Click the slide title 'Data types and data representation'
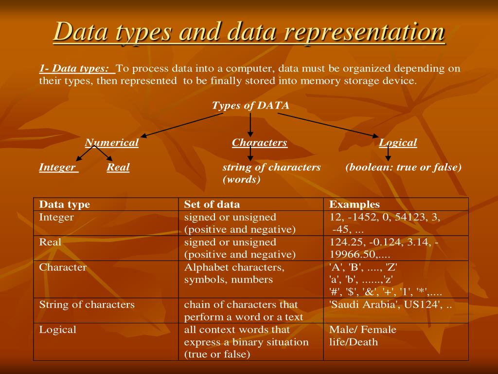coord(249,32)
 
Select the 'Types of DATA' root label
coord(250,106)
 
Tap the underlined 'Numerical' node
coord(112,143)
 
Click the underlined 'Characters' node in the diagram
coord(260,143)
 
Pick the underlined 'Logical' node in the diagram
coord(398,143)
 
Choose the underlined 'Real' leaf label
coord(118,168)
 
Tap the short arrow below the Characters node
coord(250,154)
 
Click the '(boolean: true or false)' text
coord(404,168)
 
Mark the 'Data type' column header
coord(65,205)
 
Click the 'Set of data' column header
coord(212,205)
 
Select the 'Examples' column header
coord(355,205)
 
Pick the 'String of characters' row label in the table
coord(87,305)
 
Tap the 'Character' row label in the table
coord(63,267)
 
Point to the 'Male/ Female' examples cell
coord(363,330)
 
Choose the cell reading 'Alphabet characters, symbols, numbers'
coord(234,274)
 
